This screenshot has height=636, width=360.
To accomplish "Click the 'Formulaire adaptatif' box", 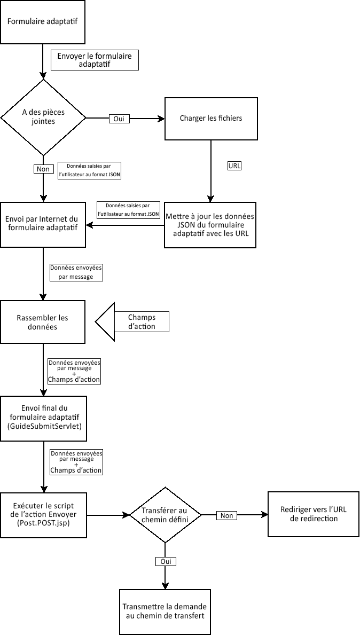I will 43,22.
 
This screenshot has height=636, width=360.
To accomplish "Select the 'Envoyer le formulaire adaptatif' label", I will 95,60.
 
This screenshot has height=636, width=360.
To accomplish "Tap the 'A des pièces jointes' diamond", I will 43,117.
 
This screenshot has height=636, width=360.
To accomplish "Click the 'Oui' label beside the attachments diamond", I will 119,119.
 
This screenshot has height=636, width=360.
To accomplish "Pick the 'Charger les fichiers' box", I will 210,118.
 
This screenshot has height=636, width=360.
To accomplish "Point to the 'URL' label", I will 234,166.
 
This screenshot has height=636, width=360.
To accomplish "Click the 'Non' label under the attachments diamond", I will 43,169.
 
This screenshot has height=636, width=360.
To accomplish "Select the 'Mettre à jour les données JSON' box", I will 210,225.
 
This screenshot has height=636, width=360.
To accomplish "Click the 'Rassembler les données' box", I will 43,321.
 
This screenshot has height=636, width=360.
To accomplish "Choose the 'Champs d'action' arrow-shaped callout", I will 134,322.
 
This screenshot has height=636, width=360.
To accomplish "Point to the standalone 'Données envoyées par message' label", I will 75,272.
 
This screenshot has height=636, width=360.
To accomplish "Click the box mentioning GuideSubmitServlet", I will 43,418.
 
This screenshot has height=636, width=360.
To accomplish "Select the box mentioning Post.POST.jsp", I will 43,515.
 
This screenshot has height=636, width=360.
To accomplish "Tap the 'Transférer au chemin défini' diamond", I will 165,515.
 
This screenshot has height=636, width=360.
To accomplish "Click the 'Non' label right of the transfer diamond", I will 226,515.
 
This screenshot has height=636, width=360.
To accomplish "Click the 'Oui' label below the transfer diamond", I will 165,561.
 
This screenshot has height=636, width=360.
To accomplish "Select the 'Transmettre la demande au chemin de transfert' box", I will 165,611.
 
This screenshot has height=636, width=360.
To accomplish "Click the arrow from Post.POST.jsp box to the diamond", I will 108,515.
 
